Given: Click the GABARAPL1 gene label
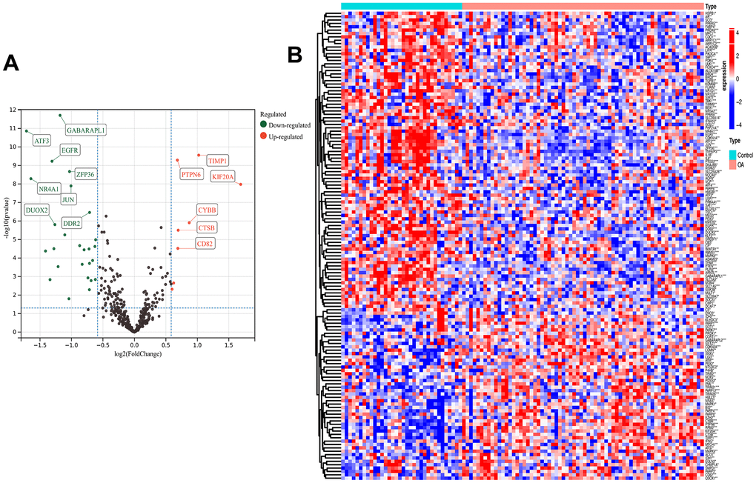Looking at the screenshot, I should click(86, 130).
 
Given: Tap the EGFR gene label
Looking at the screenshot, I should click(70, 150).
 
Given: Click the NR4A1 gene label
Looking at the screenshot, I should click(50, 189).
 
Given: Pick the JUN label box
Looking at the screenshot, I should click(67, 199).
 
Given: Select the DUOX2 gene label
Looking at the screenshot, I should click(36, 210).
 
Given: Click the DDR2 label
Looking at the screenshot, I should click(72, 223).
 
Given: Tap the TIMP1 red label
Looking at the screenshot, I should click(218, 160).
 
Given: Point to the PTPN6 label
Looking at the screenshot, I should click(190, 175).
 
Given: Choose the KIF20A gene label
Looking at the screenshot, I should click(222, 176).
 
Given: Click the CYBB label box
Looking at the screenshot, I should click(207, 210).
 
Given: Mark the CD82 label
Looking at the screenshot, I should click(205, 244).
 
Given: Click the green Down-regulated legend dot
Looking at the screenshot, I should click(264, 125).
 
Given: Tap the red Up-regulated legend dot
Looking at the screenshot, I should click(264, 136).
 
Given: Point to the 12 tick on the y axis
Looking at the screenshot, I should click(12, 110).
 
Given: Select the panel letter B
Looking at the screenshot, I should click(294, 54).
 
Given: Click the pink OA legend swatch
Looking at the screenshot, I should click(733, 164).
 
